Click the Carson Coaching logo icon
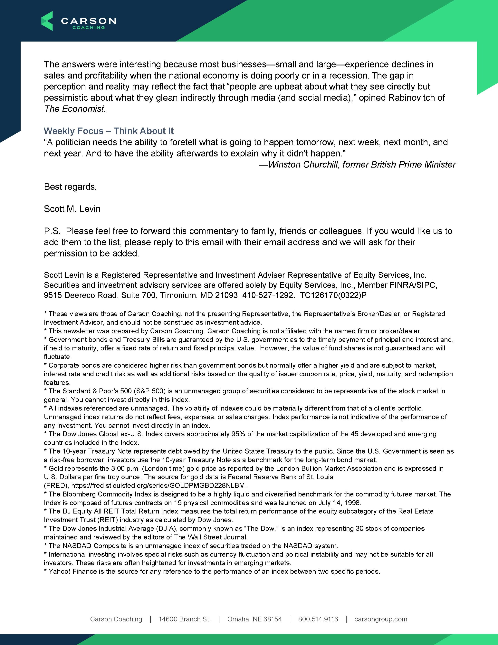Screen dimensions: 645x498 [47, 21]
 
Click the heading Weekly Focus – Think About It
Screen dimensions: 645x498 [109, 131]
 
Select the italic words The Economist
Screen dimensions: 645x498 [74, 109]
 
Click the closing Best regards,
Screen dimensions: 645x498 [70, 187]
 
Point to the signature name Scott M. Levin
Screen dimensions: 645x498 [72, 209]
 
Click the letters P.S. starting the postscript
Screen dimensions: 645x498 [52, 231]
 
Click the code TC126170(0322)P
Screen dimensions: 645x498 [333, 295]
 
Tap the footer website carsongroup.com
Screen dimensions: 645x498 [381, 619]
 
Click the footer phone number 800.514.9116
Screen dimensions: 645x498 [318, 619]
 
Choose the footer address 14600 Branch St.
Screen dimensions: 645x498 [185, 619]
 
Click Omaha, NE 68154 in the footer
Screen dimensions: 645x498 [254, 619]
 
